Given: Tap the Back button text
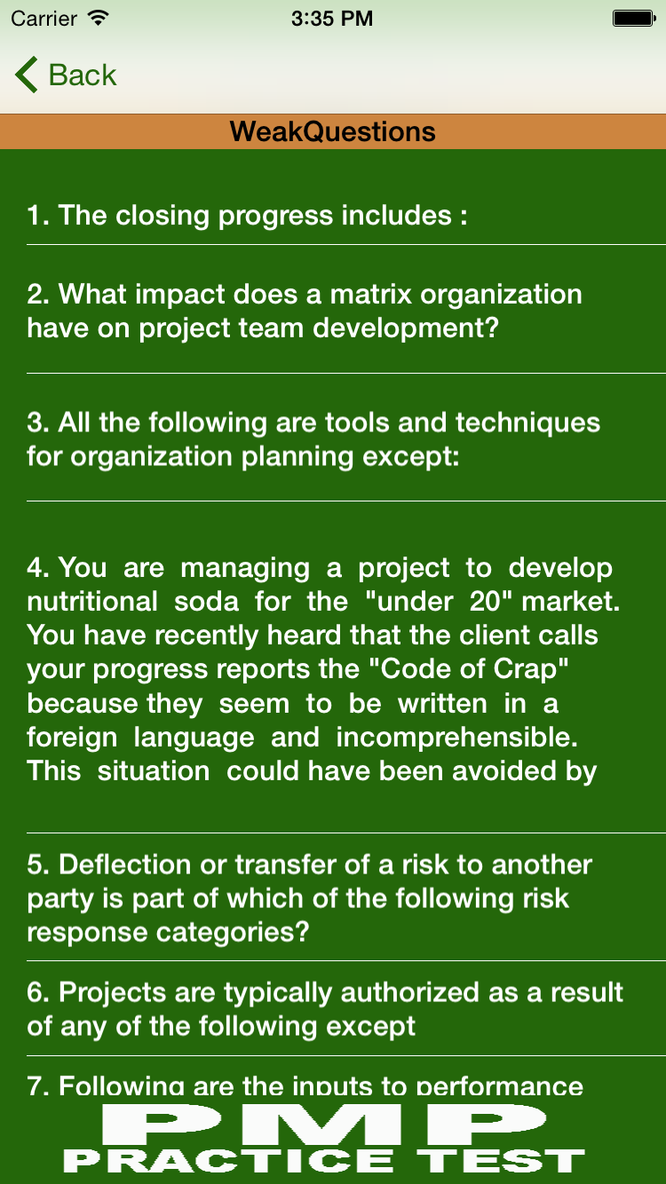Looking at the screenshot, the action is pyautogui.click(x=82, y=75).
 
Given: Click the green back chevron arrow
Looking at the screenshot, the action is pyautogui.click(x=27, y=75).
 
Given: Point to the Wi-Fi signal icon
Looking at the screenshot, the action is pyautogui.click(x=99, y=18).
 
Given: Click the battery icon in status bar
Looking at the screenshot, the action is pyautogui.click(x=634, y=19).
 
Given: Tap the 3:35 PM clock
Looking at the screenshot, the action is pyautogui.click(x=332, y=19).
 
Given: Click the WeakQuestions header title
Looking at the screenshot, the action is pyautogui.click(x=333, y=131).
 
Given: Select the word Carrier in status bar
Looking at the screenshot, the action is pyautogui.click(x=44, y=19).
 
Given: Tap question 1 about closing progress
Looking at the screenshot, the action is pyautogui.click(x=248, y=216).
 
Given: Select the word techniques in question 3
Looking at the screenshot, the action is pyautogui.click(x=527, y=422).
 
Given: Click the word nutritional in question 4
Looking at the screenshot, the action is pyautogui.click(x=92, y=602).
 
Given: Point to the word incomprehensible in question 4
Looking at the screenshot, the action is pyautogui.click(x=456, y=738).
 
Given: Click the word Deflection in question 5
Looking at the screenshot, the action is pyautogui.click(x=125, y=864).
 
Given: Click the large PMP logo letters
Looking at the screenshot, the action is pyautogui.click(x=324, y=1125).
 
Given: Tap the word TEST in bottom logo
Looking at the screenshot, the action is pyautogui.click(x=501, y=1161).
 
